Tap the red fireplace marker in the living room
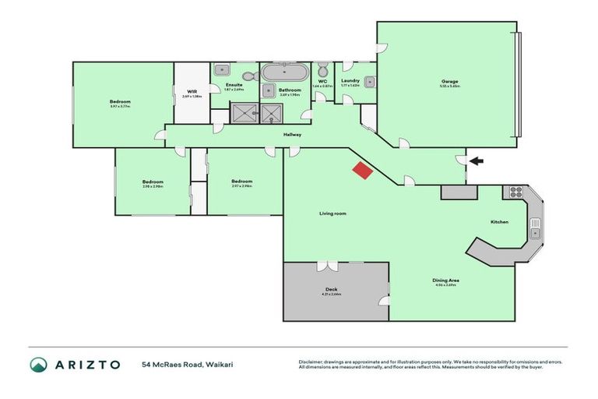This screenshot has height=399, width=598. (362, 171)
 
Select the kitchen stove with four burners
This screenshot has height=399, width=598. (515, 191)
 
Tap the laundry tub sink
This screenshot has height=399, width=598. (370, 82)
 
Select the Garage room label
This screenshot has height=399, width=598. (448, 81)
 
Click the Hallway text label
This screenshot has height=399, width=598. (292, 135)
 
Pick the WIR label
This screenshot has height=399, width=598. (192, 91)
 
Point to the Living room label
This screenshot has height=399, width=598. (332, 213)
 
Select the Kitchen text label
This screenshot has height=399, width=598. (499, 222)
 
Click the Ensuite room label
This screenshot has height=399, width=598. (234, 84)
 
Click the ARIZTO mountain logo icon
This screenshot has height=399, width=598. (38, 364)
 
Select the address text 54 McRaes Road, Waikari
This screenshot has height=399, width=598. (184, 364)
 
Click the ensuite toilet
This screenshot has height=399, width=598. (248, 76)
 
